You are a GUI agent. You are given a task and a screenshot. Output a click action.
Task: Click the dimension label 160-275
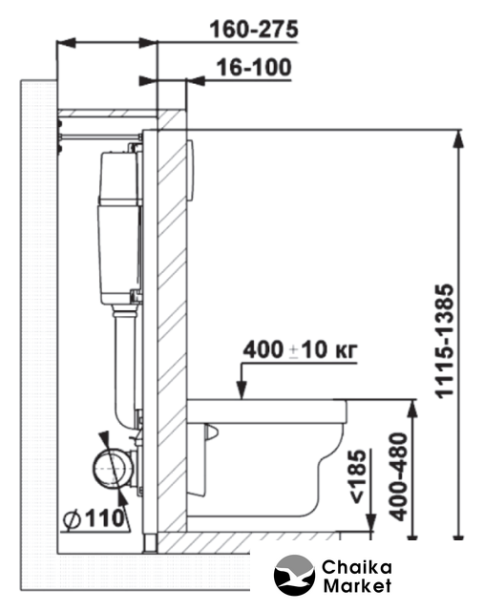[x=254, y=30]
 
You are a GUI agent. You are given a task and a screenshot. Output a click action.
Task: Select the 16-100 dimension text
[x=254, y=68]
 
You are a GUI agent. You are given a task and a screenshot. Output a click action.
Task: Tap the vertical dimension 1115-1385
[x=445, y=341]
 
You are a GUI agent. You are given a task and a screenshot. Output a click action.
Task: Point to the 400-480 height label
[x=399, y=476]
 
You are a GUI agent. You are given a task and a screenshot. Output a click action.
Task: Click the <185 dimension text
[x=357, y=476]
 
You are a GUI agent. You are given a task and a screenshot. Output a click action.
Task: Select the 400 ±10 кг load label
[x=300, y=349]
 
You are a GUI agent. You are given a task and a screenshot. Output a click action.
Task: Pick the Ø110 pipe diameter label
[x=94, y=518]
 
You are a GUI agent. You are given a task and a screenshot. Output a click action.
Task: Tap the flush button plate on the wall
[x=191, y=171]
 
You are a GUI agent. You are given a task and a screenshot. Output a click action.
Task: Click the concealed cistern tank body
[x=119, y=227]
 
